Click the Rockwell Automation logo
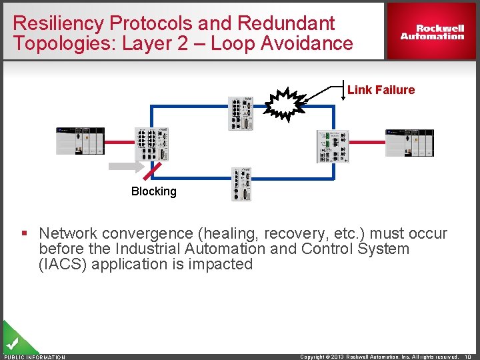point(432,32)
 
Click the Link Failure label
point(381,90)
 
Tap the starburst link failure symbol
point(284,105)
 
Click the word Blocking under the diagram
point(154,191)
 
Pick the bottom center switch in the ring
point(241,183)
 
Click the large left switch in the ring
point(151,143)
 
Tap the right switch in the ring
point(332,146)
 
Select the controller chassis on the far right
point(409,143)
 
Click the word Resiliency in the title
point(58,23)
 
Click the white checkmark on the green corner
point(11,344)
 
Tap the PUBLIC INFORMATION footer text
point(35,357)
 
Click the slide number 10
point(469,357)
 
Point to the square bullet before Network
point(24,234)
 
